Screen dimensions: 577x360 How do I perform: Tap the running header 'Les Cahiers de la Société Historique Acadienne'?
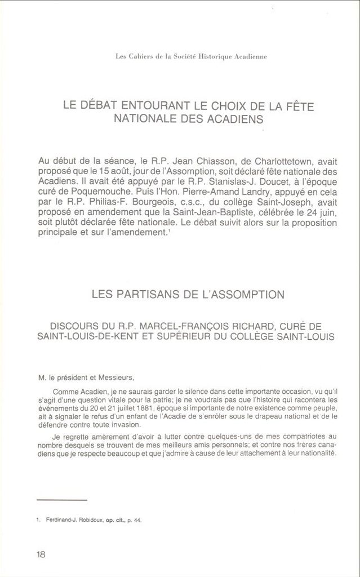(190, 56)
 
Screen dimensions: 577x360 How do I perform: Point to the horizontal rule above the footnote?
(61, 500)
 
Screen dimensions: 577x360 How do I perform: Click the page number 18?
(41, 554)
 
